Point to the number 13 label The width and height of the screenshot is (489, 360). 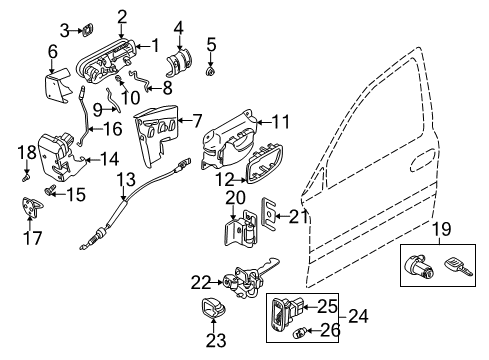click(125, 181)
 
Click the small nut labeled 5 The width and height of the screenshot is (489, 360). click(211, 71)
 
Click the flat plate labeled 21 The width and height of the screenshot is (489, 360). click(269, 214)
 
